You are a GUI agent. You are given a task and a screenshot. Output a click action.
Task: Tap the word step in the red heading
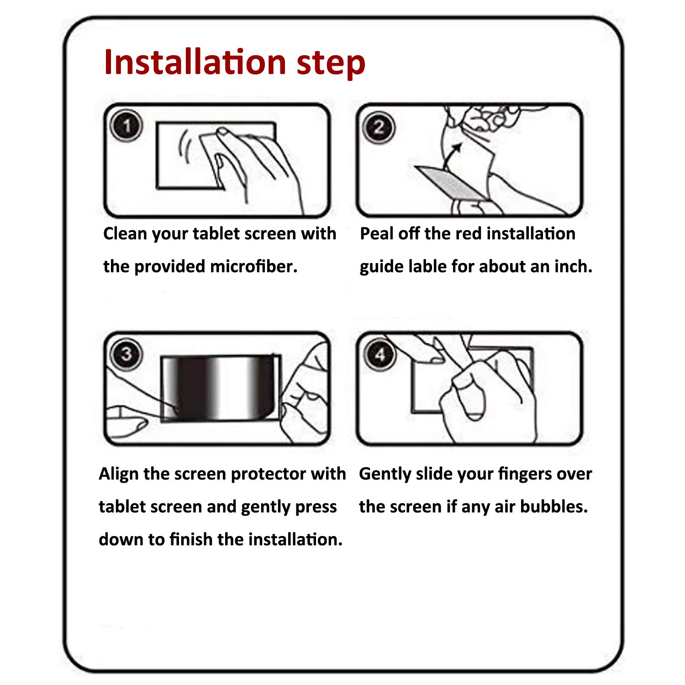point(331,64)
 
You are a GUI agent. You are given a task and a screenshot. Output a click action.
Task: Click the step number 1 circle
point(126,125)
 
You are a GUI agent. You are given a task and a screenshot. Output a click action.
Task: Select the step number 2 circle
point(379,127)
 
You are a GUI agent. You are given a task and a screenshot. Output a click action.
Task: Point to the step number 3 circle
point(126,354)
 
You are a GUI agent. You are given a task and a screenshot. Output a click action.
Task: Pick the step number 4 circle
point(380,354)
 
